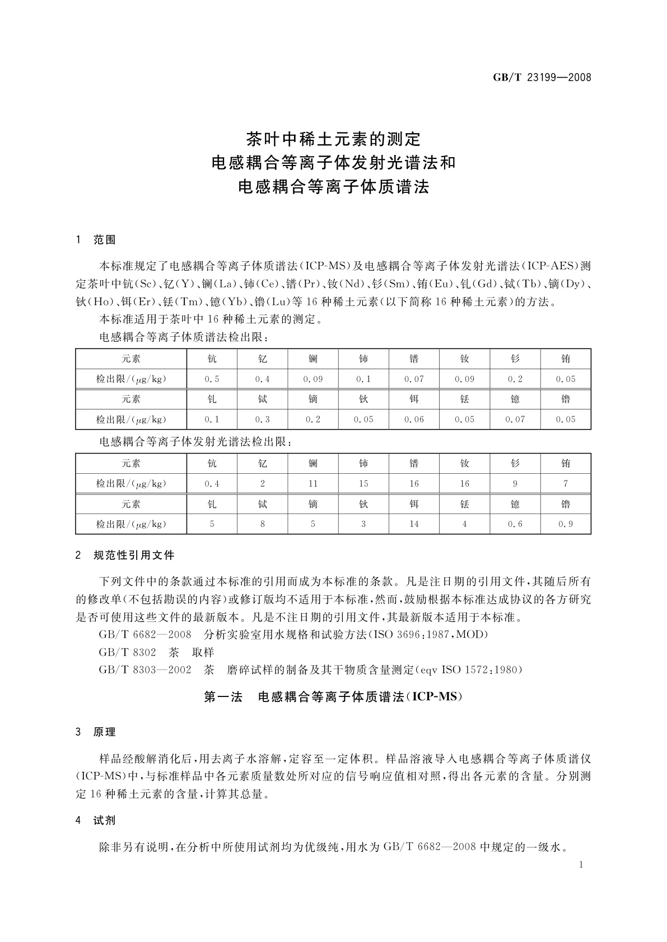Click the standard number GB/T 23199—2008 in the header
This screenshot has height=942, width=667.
click(x=542, y=78)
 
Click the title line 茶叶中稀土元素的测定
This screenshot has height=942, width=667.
click(x=333, y=138)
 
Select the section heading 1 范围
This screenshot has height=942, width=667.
click(x=96, y=240)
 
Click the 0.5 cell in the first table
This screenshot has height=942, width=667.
click(x=212, y=379)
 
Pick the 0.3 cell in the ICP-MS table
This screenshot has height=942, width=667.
click(x=262, y=420)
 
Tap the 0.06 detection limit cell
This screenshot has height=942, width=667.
click(x=414, y=420)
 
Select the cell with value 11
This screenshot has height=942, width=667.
click(x=312, y=484)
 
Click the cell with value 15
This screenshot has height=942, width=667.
click(x=363, y=484)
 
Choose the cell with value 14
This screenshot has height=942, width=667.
click(x=414, y=525)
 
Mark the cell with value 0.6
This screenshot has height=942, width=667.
click(x=515, y=525)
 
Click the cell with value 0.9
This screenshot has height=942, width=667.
click(x=566, y=525)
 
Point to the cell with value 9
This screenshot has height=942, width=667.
click(x=515, y=484)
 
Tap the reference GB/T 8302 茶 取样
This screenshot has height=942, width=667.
click(x=156, y=652)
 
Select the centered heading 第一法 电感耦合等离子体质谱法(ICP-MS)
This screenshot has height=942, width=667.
click(x=333, y=698)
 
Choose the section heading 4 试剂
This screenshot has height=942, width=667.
click(x=96, y=821)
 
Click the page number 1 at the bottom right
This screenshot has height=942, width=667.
click(x=581, y=865)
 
